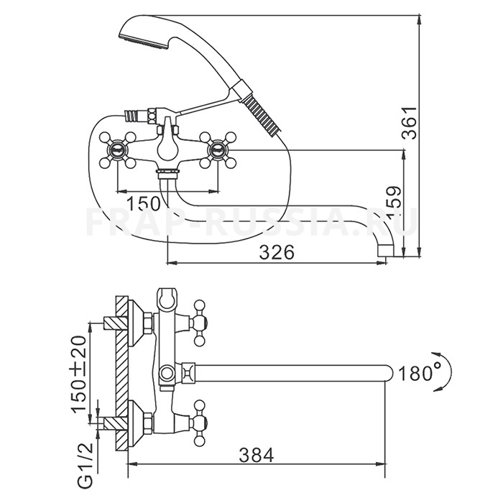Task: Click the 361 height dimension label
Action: coord(410,124)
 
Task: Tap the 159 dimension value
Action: coord(394,202)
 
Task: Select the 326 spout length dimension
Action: coord(277,252)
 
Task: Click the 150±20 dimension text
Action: coord(78,374)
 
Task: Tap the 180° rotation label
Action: coord(415,373)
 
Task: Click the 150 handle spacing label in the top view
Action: coord(144,203)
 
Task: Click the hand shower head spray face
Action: coord(144,42)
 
